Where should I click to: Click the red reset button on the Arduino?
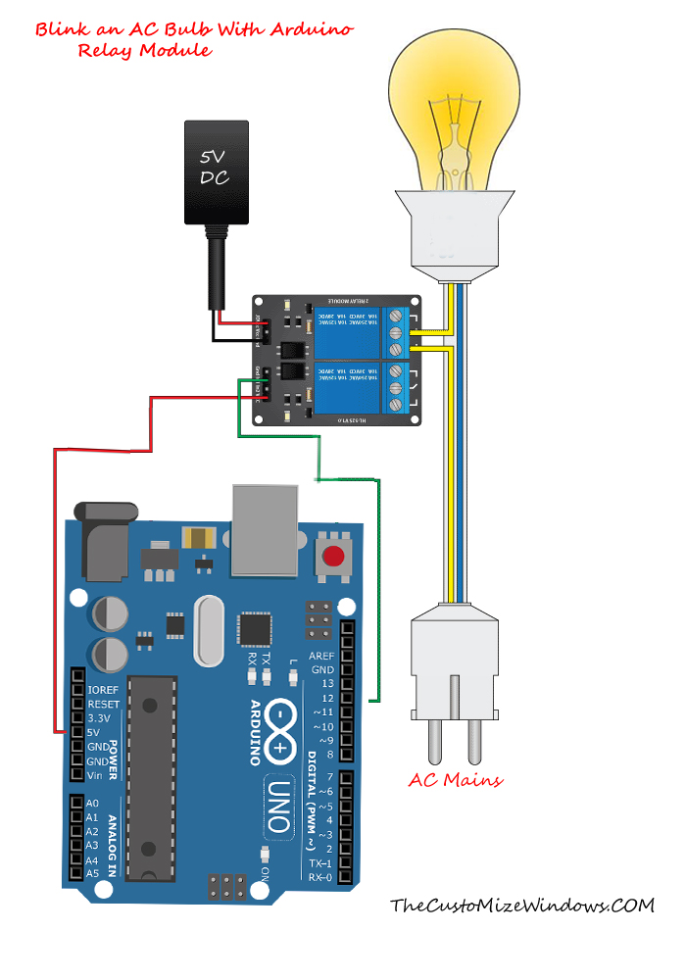[334, 558]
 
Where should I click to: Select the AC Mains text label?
[455, 780]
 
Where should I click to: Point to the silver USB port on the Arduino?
[263, 530]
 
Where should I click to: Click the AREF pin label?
[320, 656]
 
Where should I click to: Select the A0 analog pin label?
[92, 803]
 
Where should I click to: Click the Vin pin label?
[95, 775]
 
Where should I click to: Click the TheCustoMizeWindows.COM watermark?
[521, 906]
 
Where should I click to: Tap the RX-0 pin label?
[318, 878]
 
